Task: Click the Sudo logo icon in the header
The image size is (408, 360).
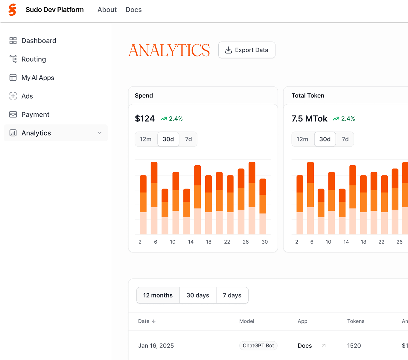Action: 12,10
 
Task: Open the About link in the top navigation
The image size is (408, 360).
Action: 107,10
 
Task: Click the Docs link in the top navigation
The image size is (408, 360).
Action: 133,10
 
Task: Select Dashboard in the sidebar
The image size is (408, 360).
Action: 39,41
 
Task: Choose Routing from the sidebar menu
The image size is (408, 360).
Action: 34,59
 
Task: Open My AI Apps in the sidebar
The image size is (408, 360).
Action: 38,78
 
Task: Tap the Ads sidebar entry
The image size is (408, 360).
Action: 27,96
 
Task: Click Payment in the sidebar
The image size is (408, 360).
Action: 35,115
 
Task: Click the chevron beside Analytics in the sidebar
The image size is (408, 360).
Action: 100,133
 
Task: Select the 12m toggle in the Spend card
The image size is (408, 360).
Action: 146,139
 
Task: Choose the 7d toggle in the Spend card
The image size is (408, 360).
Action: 188,139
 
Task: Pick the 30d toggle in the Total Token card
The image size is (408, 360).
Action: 325,139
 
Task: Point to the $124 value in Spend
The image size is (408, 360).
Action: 145,119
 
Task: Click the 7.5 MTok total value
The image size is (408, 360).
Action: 309,119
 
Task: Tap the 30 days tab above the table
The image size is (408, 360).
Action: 198,295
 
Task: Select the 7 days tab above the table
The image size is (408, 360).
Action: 232,295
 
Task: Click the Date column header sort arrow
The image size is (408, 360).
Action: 154,321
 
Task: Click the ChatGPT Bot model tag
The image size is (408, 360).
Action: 258,346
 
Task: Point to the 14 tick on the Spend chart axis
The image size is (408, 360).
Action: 191,242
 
